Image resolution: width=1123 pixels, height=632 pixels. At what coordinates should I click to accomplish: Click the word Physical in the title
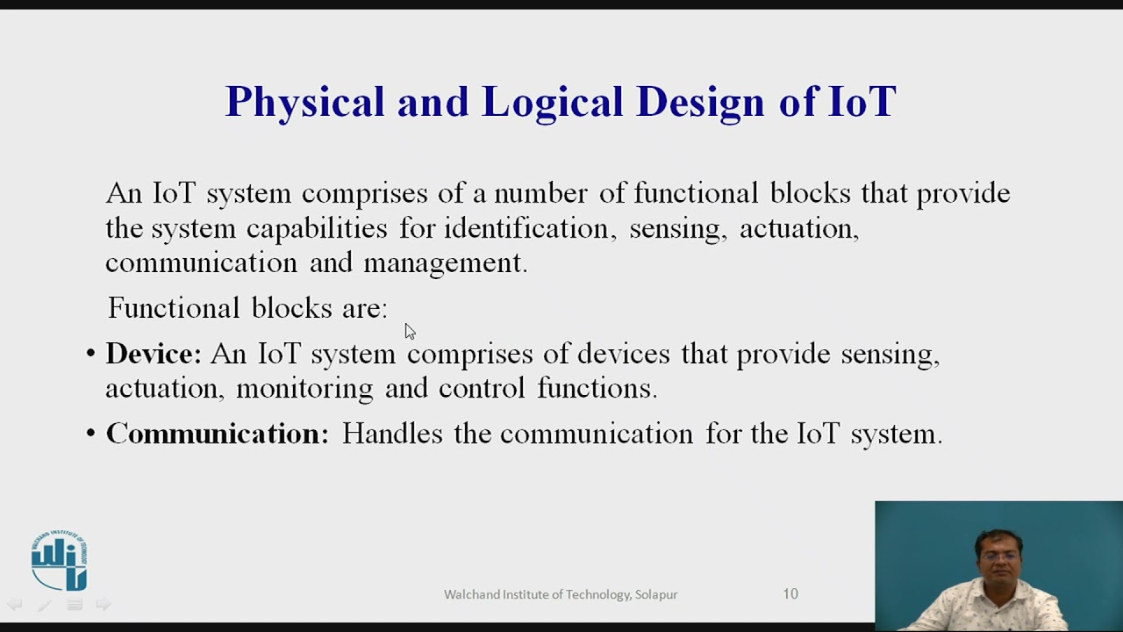(304, 103)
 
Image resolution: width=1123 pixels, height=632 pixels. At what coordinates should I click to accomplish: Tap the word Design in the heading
(700, 103)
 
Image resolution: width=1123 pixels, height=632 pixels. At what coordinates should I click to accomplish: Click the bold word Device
(154, 353)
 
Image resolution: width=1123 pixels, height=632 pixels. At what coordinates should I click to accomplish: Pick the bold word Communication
(217, 433)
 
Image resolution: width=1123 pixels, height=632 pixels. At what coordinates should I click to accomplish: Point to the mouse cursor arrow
(410, 332)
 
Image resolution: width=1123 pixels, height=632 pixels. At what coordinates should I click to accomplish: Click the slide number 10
(790, 594)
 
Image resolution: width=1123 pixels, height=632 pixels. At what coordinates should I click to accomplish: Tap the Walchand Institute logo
(59, 560)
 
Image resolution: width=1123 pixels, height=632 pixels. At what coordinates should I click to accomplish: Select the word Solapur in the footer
(656, 594)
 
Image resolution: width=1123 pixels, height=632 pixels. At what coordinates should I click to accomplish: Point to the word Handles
(392, 433)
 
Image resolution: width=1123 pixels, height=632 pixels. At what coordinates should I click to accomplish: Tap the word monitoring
(304, 389)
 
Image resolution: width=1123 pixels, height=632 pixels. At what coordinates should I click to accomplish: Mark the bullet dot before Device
(90, 353)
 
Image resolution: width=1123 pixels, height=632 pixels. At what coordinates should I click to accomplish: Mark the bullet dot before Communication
(90, 433)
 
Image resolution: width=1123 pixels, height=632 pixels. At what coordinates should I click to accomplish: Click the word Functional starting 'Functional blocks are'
(174, 307)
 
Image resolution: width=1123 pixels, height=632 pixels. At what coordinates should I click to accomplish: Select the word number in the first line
(540, 193)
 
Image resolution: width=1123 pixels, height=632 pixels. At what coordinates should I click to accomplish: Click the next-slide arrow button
(104, 604)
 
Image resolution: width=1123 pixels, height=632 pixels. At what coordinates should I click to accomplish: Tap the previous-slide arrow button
(15, 604)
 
